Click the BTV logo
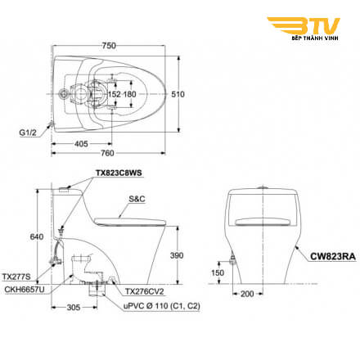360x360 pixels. (x=304, y=29)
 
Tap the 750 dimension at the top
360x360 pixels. (x=109, y=46)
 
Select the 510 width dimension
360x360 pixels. (x=178, y=94)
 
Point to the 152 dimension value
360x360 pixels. (x=115, y=94)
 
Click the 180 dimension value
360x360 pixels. (x=130, y=94)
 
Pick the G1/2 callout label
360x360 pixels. (x=28, y=133)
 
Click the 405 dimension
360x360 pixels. (x=81, y=144)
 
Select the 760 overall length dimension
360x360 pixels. (x=107, y=153)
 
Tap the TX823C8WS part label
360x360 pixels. (x=119, y=173)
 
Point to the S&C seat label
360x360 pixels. (x=137, y=199)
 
